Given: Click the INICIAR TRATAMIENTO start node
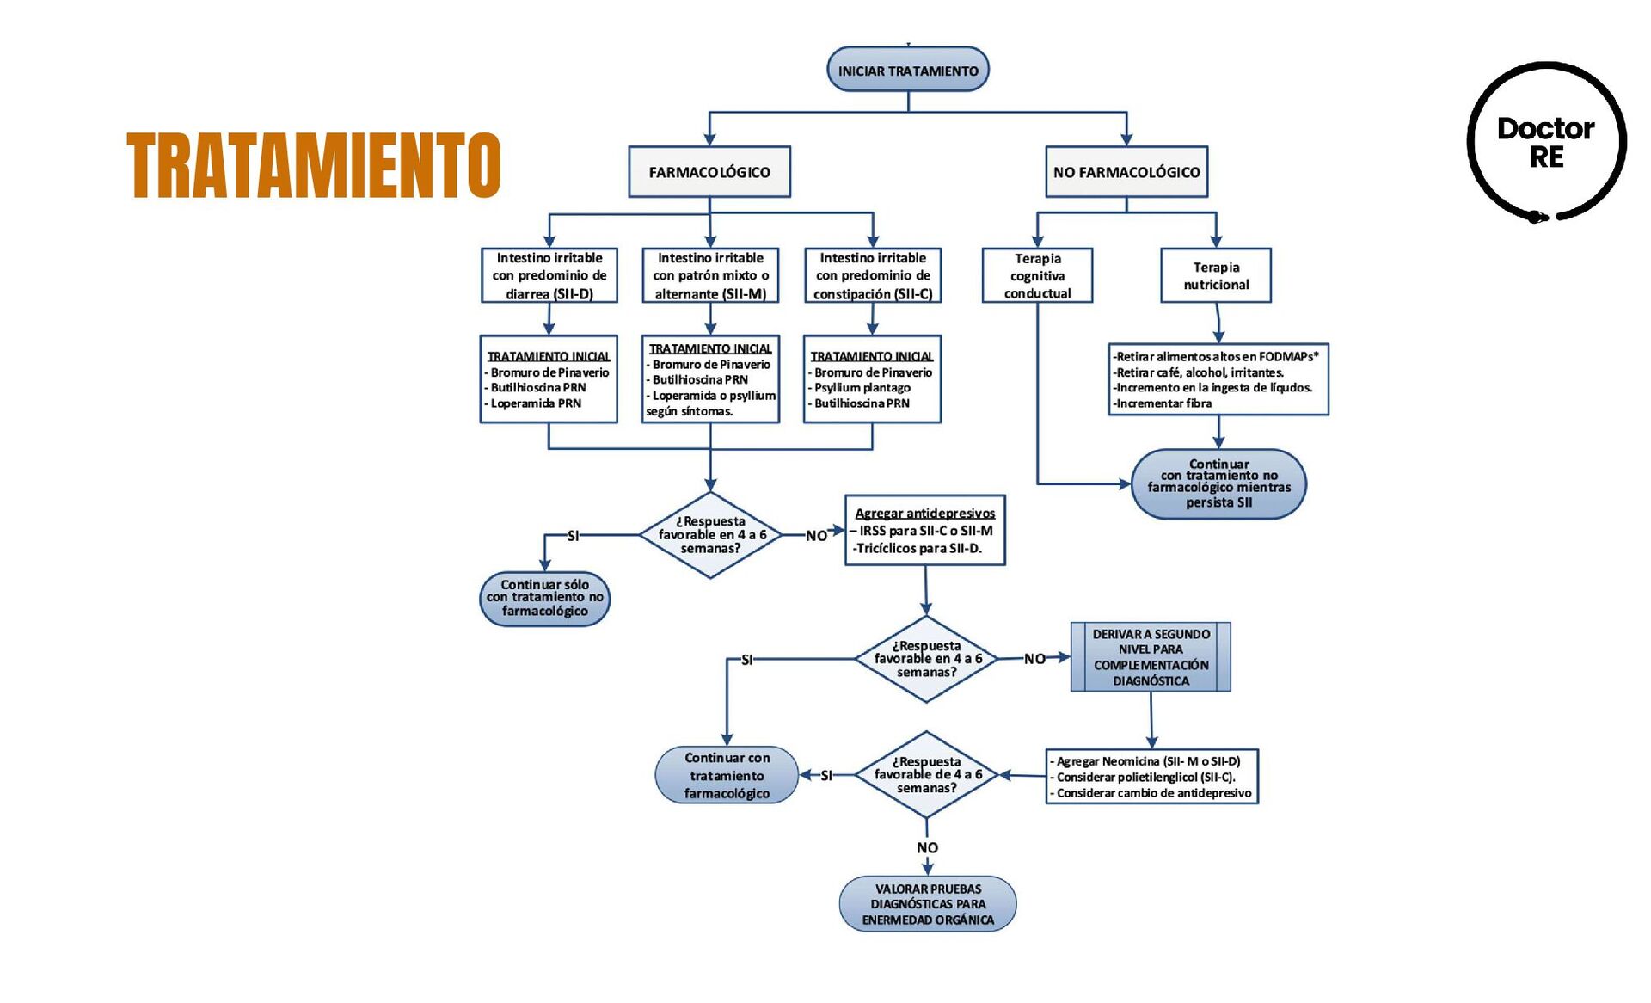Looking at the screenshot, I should tap(907, 71).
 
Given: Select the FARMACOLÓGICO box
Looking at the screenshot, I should tap(709, 172).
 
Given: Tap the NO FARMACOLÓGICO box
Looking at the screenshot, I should tap(1126, 172).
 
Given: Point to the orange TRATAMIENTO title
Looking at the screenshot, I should tap(313, 165).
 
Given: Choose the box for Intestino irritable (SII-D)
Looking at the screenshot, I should tap(549, 275).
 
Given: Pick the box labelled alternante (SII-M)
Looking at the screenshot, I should tap(710, 275).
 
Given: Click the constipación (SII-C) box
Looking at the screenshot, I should tap(872, 275).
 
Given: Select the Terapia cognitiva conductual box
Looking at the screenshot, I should tap(1037, 275).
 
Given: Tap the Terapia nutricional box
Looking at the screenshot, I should tap(1215, 275).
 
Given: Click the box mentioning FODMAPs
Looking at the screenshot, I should tap(1218, 379).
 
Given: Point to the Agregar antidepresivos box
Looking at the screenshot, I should tap(924, 530).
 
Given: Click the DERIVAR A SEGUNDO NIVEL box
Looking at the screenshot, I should tap(1151, 657).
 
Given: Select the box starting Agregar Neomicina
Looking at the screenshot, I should tap(1151, 777).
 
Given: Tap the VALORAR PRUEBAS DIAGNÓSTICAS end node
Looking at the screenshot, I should tap(927, 904).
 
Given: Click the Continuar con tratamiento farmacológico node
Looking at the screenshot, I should tap(727, 775).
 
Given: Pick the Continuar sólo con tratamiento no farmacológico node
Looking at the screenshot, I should tap(544, 598).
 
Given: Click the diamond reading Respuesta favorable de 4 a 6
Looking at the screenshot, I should tap(926, 775).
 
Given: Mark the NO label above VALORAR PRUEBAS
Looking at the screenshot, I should tap(927, 847).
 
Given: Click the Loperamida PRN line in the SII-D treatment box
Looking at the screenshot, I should tap(536, 403).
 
